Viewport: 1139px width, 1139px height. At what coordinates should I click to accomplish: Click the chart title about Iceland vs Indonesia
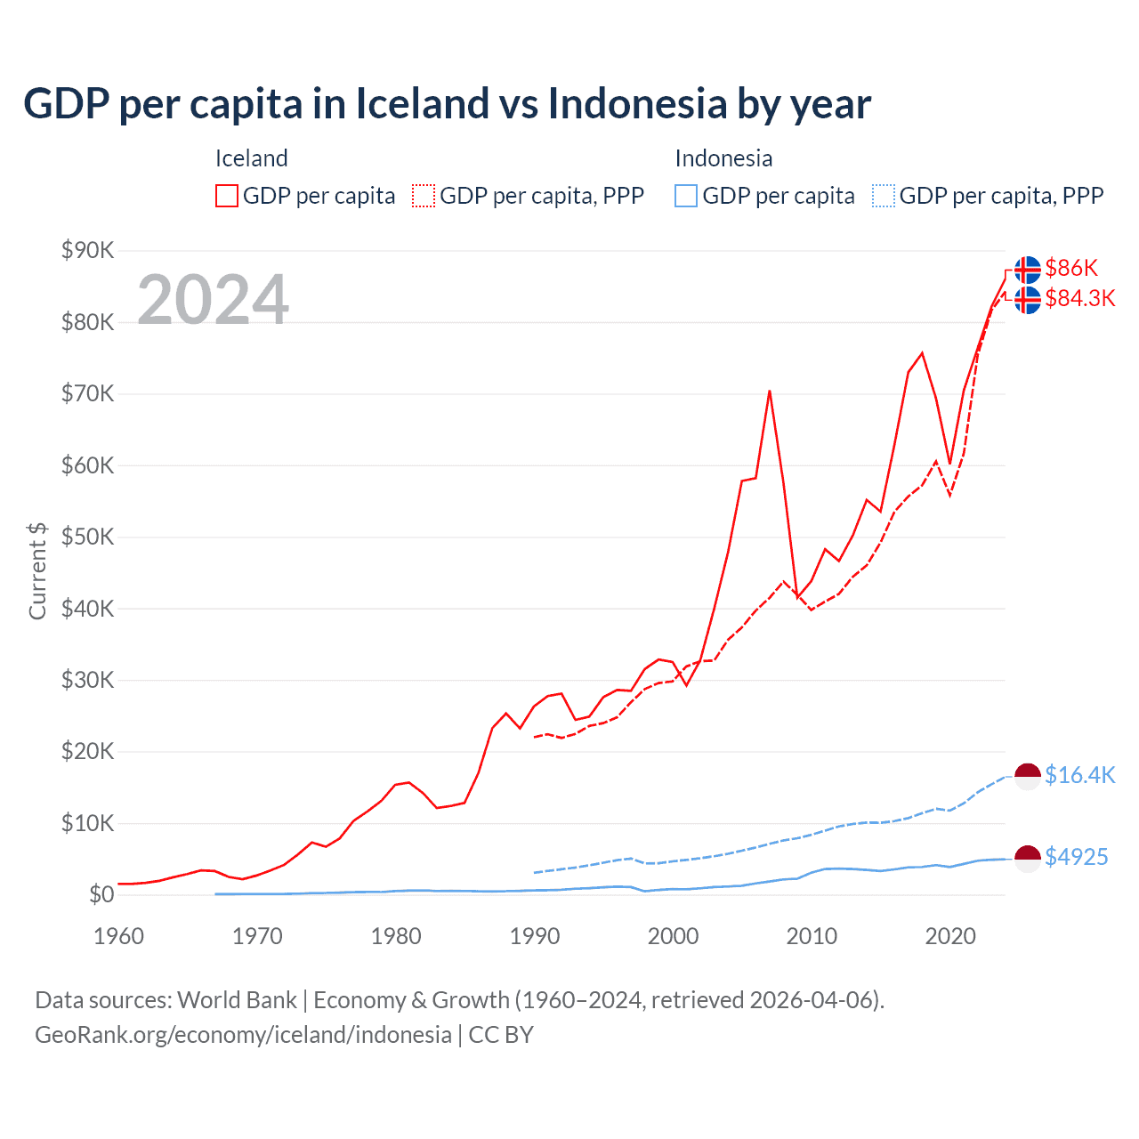point(447,104)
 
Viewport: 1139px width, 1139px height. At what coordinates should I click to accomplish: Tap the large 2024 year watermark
point(213,300)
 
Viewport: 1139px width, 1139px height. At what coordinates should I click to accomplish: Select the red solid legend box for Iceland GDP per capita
point(227,196)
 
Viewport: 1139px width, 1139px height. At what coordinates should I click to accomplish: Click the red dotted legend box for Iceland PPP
point(424,196)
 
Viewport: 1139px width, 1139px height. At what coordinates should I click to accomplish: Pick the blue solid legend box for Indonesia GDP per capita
point(686,196)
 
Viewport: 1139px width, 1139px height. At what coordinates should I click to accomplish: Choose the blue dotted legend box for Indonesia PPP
point(884,196)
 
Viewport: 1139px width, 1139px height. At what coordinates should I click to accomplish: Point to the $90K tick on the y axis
point(87,251)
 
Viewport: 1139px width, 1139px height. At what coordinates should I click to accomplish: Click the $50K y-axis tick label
point(87,537)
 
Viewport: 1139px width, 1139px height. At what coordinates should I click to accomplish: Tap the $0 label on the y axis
point(101,895)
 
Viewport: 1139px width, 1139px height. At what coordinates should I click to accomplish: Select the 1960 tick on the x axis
point(118,936)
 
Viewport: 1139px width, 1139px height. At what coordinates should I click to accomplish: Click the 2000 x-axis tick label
point(673,936)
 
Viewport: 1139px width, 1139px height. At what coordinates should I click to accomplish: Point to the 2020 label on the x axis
point(950,936)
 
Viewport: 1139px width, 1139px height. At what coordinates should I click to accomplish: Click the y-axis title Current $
point(37,571)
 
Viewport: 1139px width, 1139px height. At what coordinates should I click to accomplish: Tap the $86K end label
point(1071,268)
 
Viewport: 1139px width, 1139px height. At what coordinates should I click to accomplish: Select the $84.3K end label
point(1079,298)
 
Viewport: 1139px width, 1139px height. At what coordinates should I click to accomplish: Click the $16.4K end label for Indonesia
point(1079,775)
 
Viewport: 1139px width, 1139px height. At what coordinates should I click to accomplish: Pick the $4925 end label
point(1076,857)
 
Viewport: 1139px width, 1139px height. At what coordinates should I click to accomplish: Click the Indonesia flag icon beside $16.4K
point(1028,776)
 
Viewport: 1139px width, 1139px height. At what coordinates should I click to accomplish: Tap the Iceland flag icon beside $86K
point(1028,269)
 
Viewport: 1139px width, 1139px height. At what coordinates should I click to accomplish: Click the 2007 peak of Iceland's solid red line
point(769,391)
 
